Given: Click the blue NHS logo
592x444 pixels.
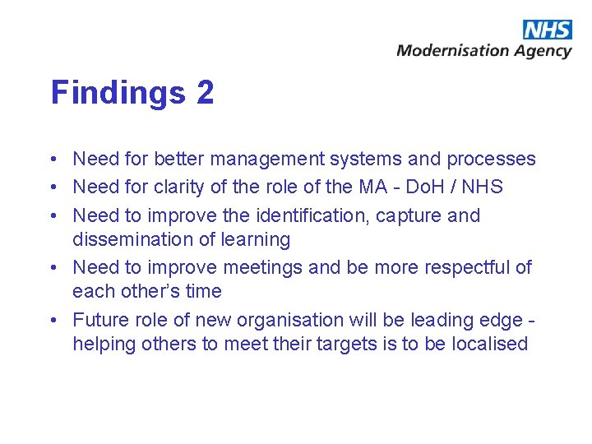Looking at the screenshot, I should pyautogui.click(x=547, y=30).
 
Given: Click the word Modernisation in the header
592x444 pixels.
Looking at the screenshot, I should pyautogui.click(x=453, y=50).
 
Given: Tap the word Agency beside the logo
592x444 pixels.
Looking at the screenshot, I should pyautogui.click(x=543, y=51).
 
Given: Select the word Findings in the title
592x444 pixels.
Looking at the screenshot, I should pyautogui.click(x=118, y=92).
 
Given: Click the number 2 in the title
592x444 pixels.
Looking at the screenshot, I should pyautogui.click(x=206, y=92).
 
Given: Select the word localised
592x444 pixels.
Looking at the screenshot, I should pyautogui.click(x=476, y=343).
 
